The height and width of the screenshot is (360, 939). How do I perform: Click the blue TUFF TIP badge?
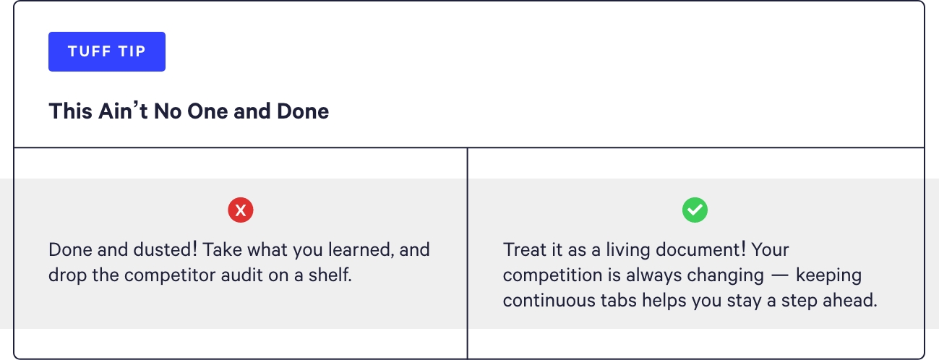(107, 51)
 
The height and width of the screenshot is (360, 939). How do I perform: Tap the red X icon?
(241, 210)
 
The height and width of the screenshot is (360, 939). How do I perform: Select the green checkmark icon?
(695, 210)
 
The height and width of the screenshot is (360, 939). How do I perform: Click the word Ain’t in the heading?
(123, 111)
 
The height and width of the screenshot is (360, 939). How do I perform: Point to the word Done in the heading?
(303, 111)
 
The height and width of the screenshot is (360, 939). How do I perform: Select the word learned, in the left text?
(361, 250)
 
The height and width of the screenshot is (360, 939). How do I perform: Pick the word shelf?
(330, 275)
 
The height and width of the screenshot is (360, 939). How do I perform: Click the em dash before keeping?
(780, 275)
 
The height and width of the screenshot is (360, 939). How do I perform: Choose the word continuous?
(549, 301)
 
